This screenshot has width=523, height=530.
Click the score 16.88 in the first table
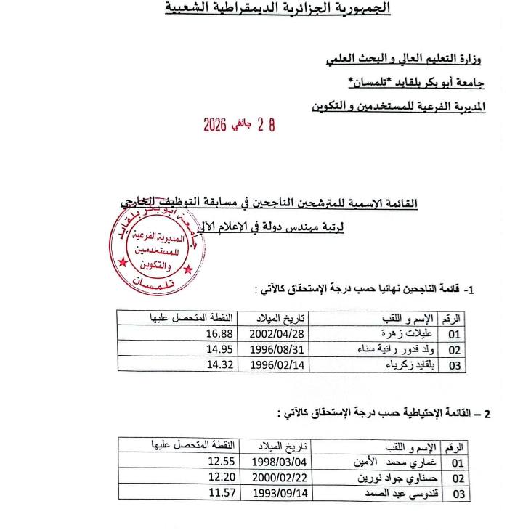pyautogui.click(x=219, y=334)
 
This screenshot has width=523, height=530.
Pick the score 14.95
pyautogui.click(x=219, y=349)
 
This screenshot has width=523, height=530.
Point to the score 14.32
pyautogui.click(x=219, y=364)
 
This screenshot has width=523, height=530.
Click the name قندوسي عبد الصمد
pyautogui.click(x=395, y=494)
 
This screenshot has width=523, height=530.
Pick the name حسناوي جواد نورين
pyautogui.click(x=397, y=478)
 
